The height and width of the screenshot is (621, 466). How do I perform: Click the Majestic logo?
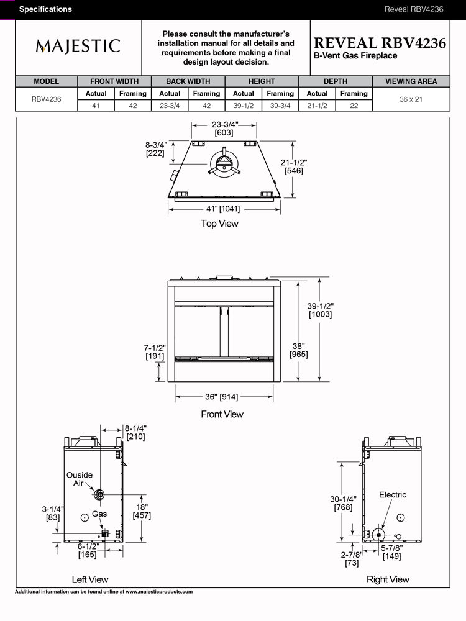[78, 46]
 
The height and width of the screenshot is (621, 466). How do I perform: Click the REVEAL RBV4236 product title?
[380, 43]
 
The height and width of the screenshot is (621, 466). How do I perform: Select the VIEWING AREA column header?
[411, 81]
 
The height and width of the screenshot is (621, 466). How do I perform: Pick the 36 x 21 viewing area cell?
[411, 99]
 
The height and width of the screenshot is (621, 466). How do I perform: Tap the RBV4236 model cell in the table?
[47, 99]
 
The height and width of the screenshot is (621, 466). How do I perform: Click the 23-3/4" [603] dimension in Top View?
[224, 129]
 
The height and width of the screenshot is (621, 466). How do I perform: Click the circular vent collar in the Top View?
[222, 163]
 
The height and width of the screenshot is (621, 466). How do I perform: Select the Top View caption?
[219, 224]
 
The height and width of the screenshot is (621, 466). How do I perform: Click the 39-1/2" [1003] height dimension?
[321, 310]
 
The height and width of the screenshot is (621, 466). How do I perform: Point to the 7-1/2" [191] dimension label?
[154, 351]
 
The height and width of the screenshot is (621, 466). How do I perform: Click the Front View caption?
[222, 414]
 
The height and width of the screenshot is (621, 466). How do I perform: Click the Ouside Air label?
[80, 479]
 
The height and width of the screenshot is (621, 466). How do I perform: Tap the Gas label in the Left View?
[99, 514]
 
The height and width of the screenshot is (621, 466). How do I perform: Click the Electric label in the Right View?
[393, 495]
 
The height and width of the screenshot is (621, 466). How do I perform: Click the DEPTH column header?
[336, 81]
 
